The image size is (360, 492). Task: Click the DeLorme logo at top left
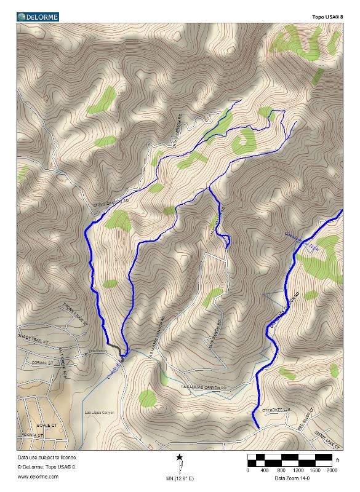click(38, 17)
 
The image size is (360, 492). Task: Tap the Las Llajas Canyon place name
click(99, 412)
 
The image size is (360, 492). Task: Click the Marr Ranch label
click(98, 352)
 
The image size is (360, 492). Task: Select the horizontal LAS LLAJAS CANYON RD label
click(204, 387)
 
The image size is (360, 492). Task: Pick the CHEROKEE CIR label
click(276, 408)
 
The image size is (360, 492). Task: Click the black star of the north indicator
click(179, 458)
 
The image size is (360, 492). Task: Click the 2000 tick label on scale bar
click(332, 470)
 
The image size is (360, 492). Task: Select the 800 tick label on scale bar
click(281, 470)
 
